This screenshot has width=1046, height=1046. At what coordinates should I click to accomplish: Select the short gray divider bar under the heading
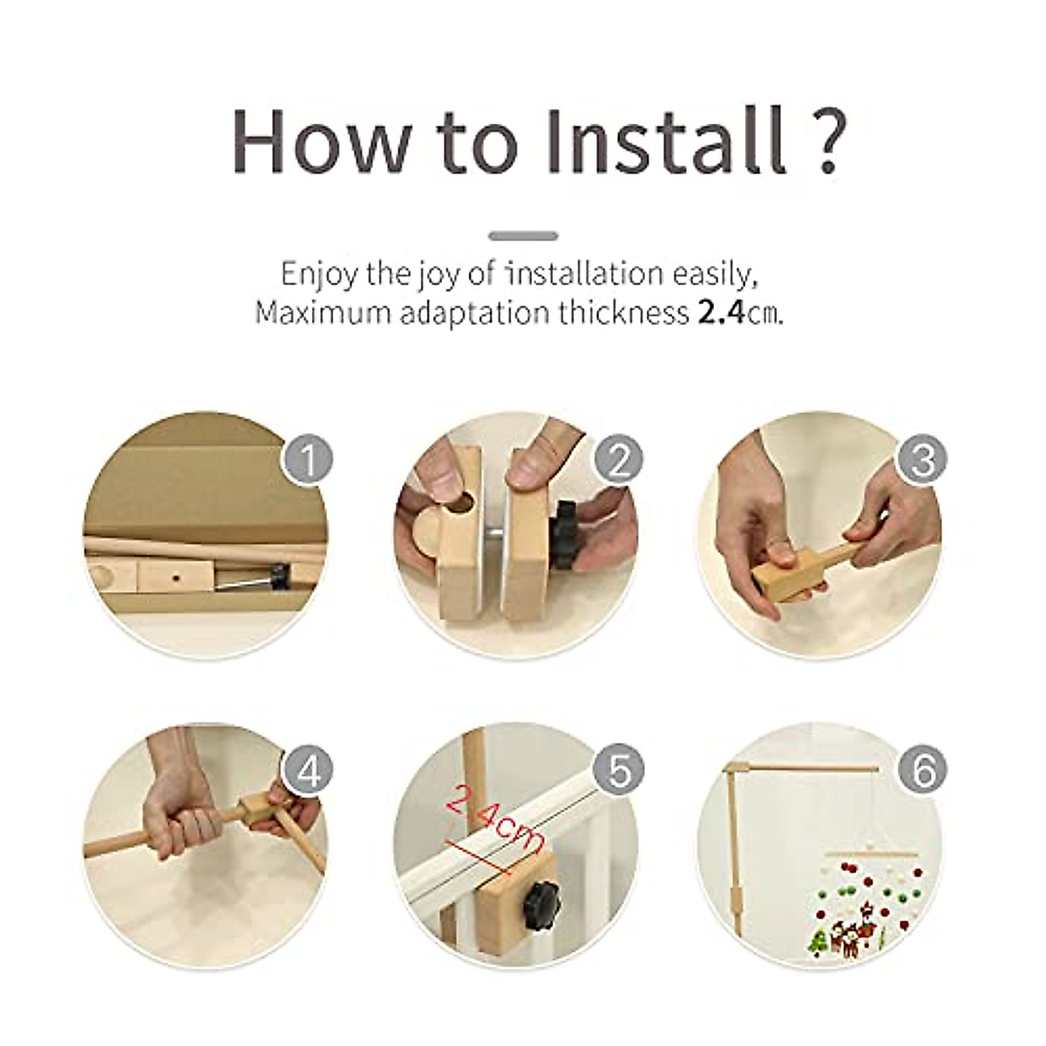(523, 235)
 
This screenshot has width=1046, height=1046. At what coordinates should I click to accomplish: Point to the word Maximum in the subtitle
(322, 313)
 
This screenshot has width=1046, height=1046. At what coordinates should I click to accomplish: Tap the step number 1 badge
(307, 458)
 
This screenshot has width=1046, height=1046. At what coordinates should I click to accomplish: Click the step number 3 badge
(924, 458)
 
